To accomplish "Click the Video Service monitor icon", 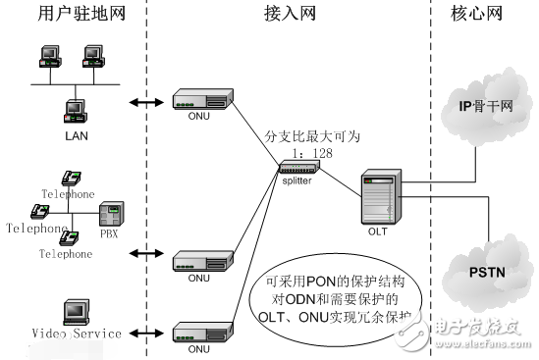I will click(x=75, y=311).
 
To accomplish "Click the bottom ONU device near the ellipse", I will click(x=202, y=332).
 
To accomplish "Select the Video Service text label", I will click(x=75, y=334).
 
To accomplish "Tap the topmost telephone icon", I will click(x=71, y=178).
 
